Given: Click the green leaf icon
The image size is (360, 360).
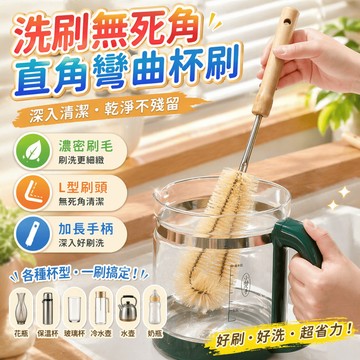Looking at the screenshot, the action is click(x=33, y=151).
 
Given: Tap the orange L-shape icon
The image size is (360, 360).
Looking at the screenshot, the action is click(x=33, y=193).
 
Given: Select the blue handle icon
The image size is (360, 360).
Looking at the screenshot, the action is click(x=33, y=235).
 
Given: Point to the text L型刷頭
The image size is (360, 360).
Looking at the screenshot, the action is click(x=83, y=188).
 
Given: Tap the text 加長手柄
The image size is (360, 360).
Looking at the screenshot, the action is click(x=86, y=229).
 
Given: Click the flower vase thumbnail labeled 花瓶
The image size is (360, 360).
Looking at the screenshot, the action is click(x=22, y=308).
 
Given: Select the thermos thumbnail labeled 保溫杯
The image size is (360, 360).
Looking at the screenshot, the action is click(x=48, y=308).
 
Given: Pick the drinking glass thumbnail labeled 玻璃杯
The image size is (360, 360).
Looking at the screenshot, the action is click(x=74, y=308).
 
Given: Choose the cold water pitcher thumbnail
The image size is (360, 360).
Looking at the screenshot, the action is click(x=101, y=308).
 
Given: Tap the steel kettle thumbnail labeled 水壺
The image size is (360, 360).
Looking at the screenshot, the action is click(x=127, y=308).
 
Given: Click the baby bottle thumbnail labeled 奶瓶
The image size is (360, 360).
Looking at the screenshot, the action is click(x=154, y=308).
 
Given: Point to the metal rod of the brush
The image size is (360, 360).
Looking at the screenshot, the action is click(x=249, y=143).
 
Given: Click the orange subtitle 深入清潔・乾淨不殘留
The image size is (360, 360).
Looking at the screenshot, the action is click(x=102, y=109).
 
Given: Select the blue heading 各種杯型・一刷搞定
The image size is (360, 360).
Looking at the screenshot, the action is click(x=80, y=275).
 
